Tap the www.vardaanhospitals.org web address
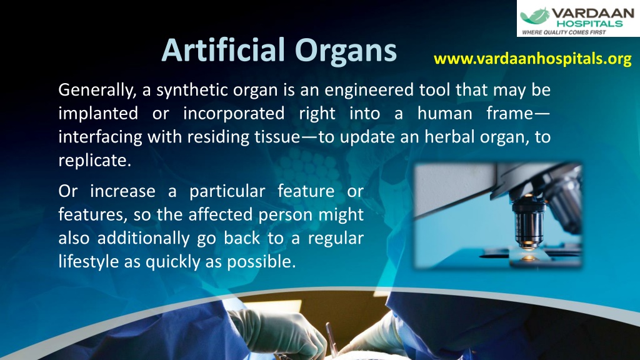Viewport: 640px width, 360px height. pos(532,59)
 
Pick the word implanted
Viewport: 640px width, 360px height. pos(97,114)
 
